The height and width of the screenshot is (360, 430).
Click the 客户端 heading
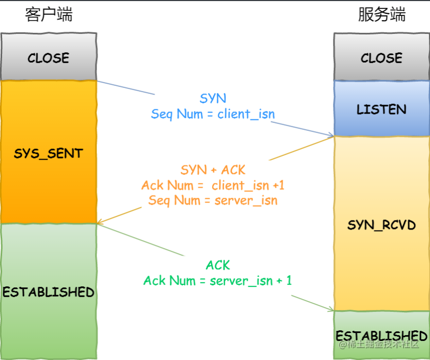click(49, 14)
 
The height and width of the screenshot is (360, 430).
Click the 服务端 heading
click(382, 14)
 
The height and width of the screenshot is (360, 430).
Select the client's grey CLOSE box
click(48, 57)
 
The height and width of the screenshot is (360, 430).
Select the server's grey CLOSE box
click(381, 57)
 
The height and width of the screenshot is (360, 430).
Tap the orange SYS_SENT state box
click(48, 154)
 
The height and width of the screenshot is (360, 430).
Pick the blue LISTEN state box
click(381, 109)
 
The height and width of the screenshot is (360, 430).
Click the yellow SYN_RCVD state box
click(381, 225)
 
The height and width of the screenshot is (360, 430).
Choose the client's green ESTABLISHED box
click(48, 292)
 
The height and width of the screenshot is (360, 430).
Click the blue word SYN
click(213, 98)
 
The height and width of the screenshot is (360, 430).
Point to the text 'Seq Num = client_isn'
click(213, 113)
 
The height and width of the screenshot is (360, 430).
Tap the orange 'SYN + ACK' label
click(213, 170)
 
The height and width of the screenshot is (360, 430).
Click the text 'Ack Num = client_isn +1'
click(213, 185)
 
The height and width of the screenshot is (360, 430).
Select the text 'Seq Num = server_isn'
click(213, 200)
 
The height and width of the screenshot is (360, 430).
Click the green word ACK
click(218, 265)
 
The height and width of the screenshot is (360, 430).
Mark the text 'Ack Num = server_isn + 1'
click(218, 280)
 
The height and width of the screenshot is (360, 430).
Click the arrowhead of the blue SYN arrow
click(331, 136)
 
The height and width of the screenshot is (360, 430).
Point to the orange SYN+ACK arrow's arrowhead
click(100, 223)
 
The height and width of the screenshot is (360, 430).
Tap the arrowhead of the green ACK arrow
click(331, 310)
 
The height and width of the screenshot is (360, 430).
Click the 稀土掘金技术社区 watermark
click(379, 345)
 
